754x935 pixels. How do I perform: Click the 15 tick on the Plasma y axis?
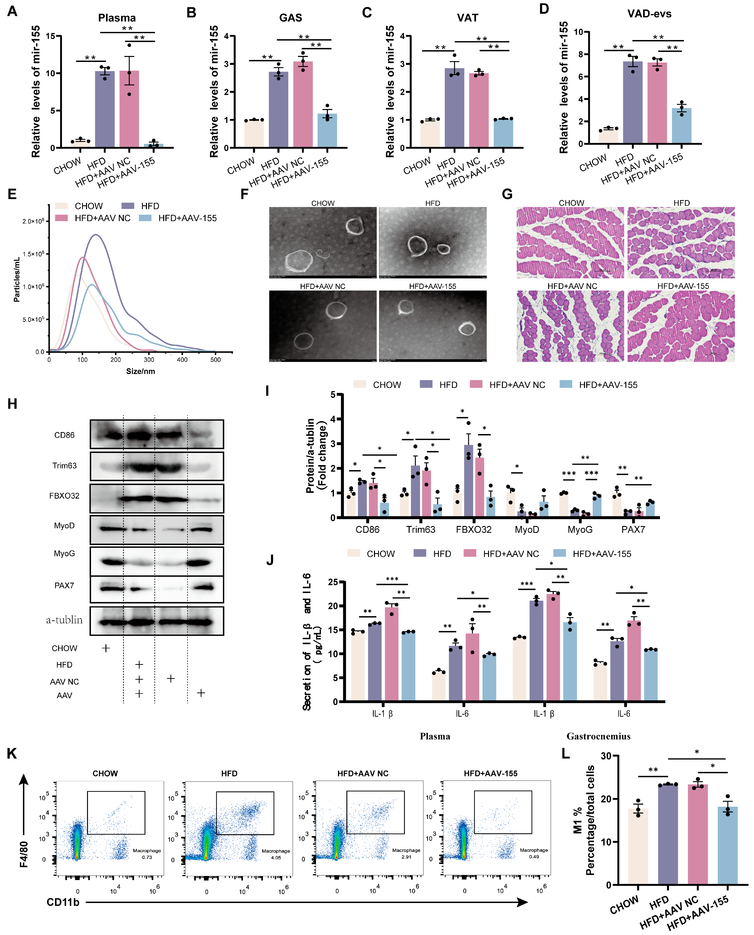point(51,36)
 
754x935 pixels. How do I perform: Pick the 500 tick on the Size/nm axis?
point(215,360)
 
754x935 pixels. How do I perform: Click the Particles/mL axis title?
point(17,279)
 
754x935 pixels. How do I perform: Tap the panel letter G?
point(507,194)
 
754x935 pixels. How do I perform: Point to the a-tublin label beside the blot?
point(64,620)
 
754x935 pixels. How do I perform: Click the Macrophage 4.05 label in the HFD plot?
point(276,854)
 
